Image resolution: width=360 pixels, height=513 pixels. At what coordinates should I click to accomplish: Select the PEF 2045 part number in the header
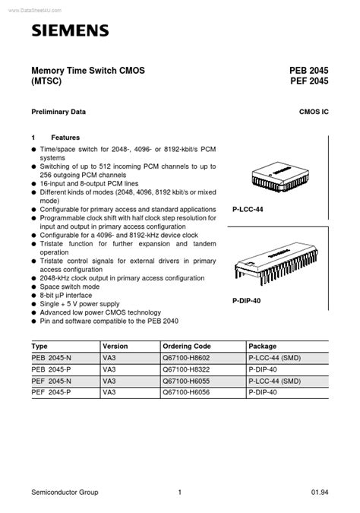308,82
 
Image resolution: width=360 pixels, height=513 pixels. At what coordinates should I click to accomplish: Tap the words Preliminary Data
58,112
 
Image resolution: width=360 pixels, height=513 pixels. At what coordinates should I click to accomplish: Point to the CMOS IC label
314,112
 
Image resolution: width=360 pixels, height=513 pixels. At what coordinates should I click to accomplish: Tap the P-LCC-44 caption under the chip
248,208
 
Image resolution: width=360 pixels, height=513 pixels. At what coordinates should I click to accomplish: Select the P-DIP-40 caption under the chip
248,301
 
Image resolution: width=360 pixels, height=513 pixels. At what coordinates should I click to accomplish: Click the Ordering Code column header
187,345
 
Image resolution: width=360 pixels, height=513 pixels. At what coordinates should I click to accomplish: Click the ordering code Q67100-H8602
187,357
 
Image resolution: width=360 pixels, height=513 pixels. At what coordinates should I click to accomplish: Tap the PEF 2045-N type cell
53,380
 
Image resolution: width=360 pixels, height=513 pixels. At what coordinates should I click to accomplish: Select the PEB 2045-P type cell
53,369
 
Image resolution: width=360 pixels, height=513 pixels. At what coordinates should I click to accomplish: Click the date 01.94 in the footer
321,492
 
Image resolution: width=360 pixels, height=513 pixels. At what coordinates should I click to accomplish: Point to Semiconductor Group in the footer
65,492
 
